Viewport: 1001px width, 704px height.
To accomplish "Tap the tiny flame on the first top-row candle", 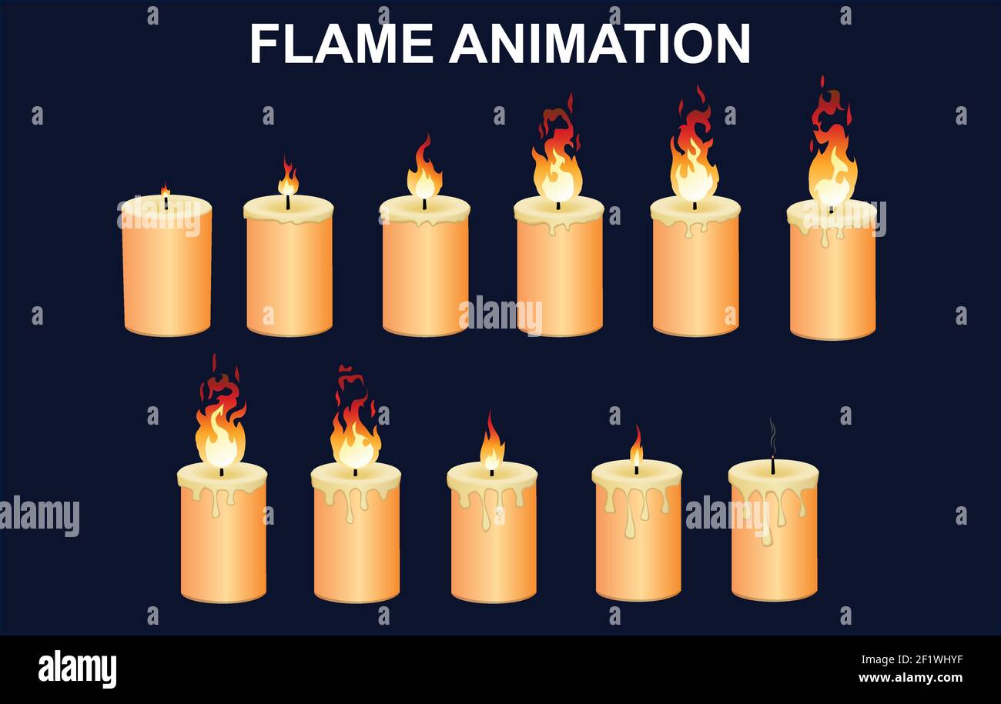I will tap(165, 190).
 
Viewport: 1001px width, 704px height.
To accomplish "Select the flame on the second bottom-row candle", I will tap(355, 431).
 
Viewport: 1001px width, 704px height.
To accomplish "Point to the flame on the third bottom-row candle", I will tap(491, 446).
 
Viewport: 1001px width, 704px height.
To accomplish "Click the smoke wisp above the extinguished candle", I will tap(772, 436).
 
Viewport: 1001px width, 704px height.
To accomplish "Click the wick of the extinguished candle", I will tap(772, 465).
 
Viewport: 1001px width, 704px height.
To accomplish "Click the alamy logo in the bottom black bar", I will tap(77, 669).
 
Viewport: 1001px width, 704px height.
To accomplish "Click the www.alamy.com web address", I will tap(909, 679).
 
